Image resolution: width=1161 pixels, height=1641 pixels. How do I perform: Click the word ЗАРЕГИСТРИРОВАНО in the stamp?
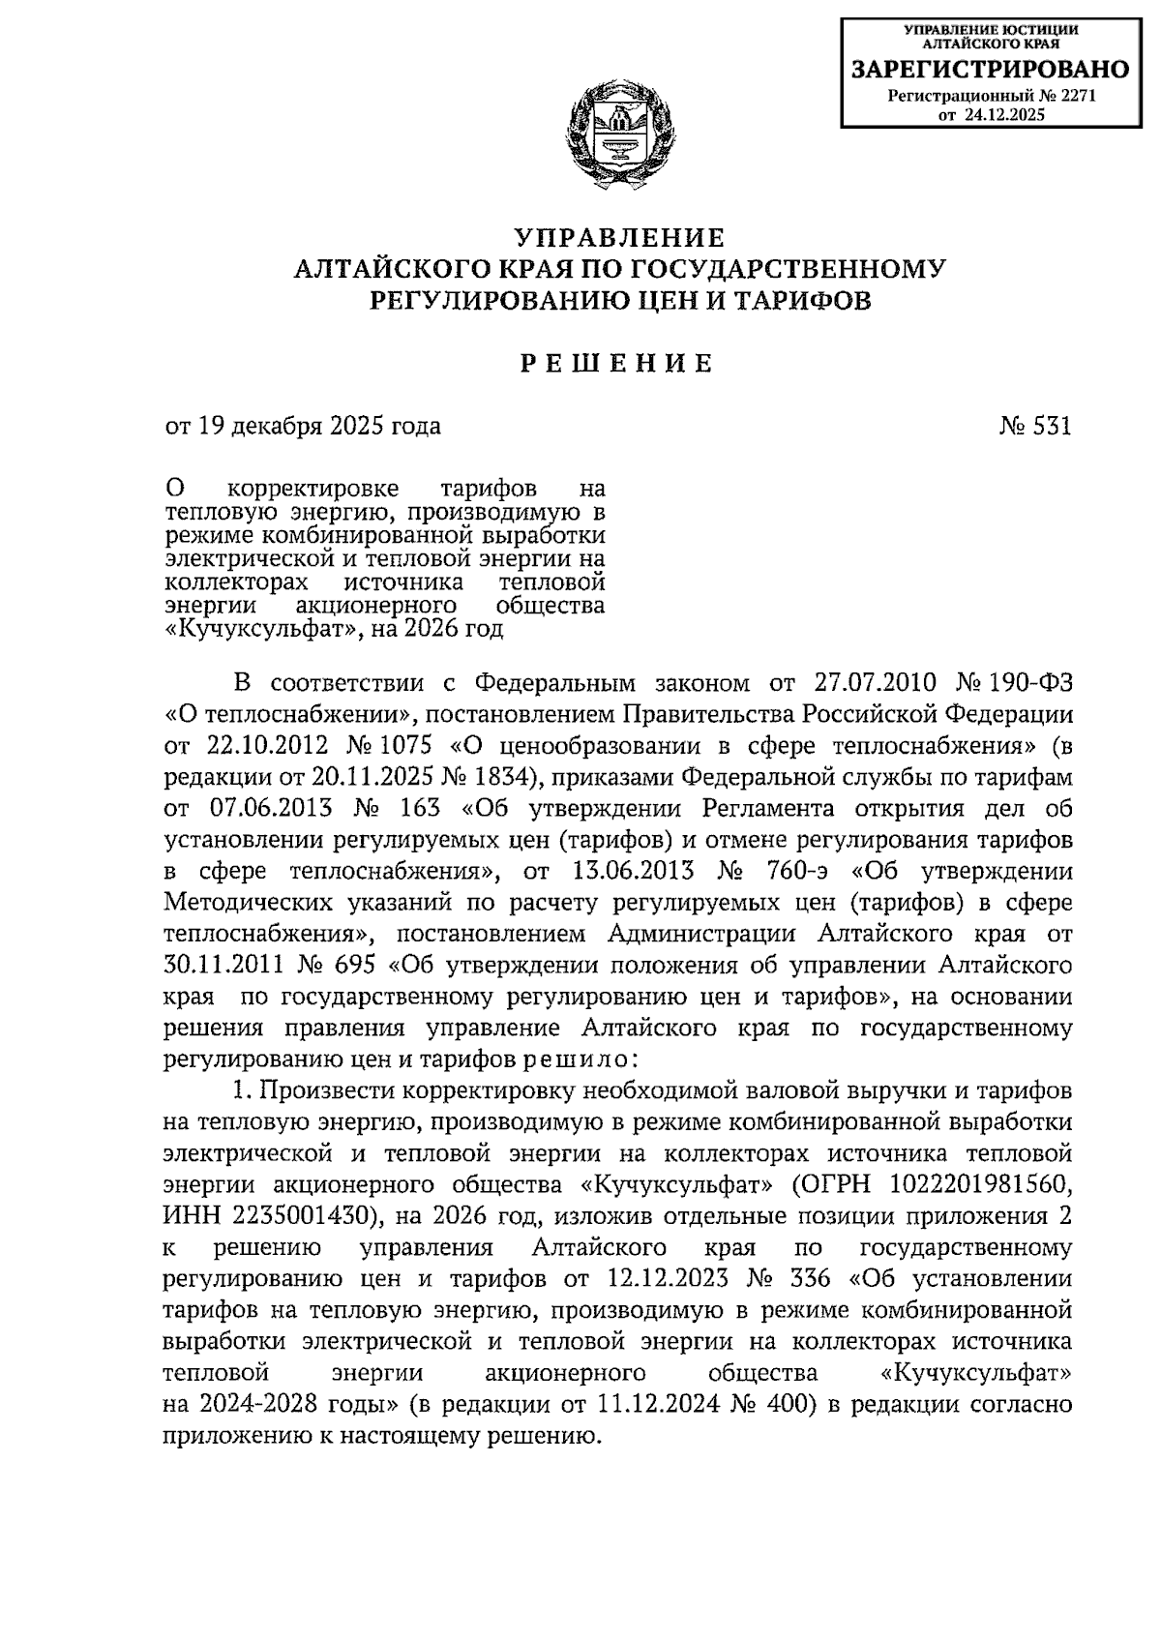coord(988,70)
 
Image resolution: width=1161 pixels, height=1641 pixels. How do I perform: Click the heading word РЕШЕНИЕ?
coord(619,364)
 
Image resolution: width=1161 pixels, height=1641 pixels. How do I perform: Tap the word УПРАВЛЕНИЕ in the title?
coord(619,238)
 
